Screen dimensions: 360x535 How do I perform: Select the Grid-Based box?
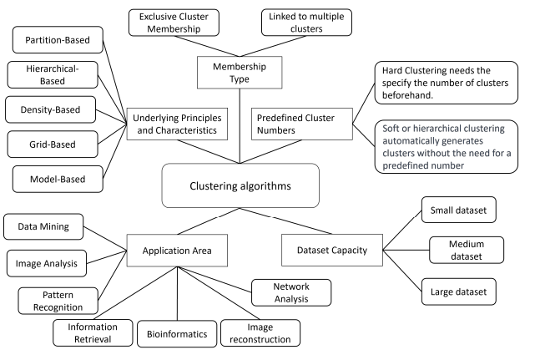tap(55, 145)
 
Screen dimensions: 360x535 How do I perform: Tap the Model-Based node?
tap(56, 178)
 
